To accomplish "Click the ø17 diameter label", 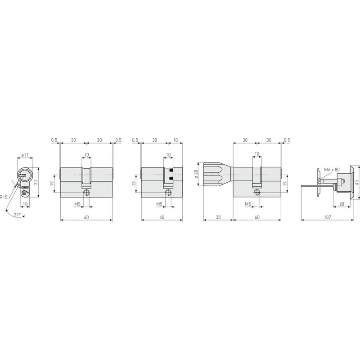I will pyautogui.click(x=25, y=155).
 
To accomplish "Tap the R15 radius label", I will pyautogui.click(x=4, y=197).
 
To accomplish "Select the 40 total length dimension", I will pyautogui.click(x=162, y=216).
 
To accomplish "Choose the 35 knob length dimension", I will pyautogui.click(x=218, y=216).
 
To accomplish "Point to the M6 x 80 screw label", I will pyautogui.click(x=333, y=170).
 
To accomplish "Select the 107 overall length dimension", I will pyautogui.click(x=327, y=216).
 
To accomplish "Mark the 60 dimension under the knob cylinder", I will pyautogui.click(x=257, y=216).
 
